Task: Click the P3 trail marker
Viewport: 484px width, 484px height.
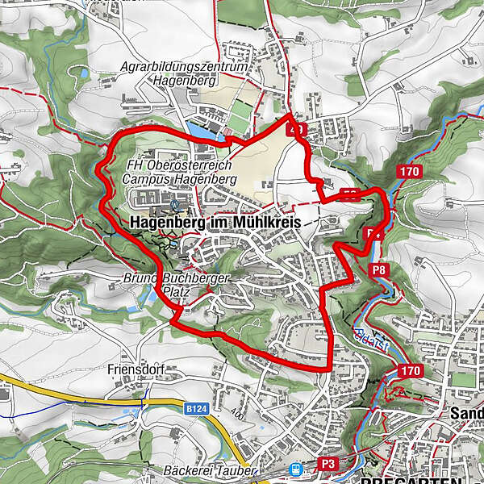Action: point(328,464)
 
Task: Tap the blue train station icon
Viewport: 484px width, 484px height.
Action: point(296,468)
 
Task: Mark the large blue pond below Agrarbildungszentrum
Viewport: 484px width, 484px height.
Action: point(199,129)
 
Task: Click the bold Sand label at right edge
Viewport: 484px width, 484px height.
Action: point(467,411)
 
